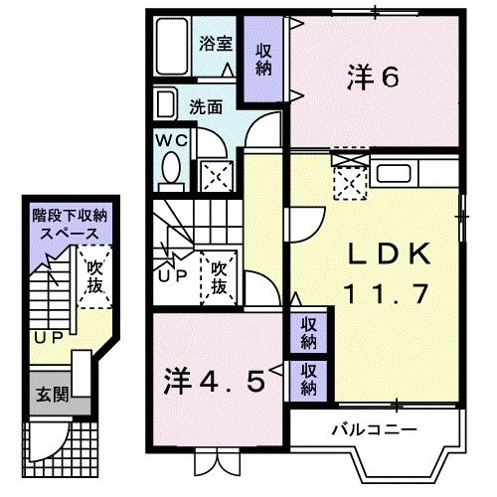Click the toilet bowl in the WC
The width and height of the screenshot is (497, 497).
coord(168,171)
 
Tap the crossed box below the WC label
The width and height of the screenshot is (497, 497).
coord(214,176)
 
